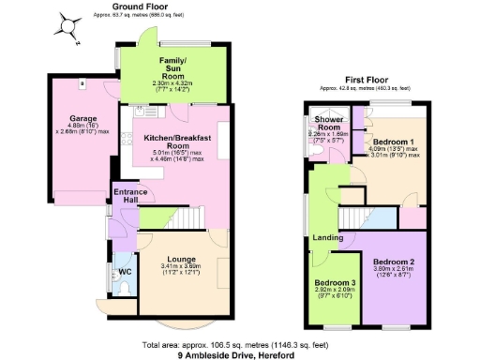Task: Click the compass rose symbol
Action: pos(67,25)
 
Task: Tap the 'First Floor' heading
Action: pos(367,80)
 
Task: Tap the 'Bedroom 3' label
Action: pos(334,282)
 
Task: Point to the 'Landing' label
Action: pos(327,237)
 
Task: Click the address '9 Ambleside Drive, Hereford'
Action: pos(233,354)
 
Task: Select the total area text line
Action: pos(233,344)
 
